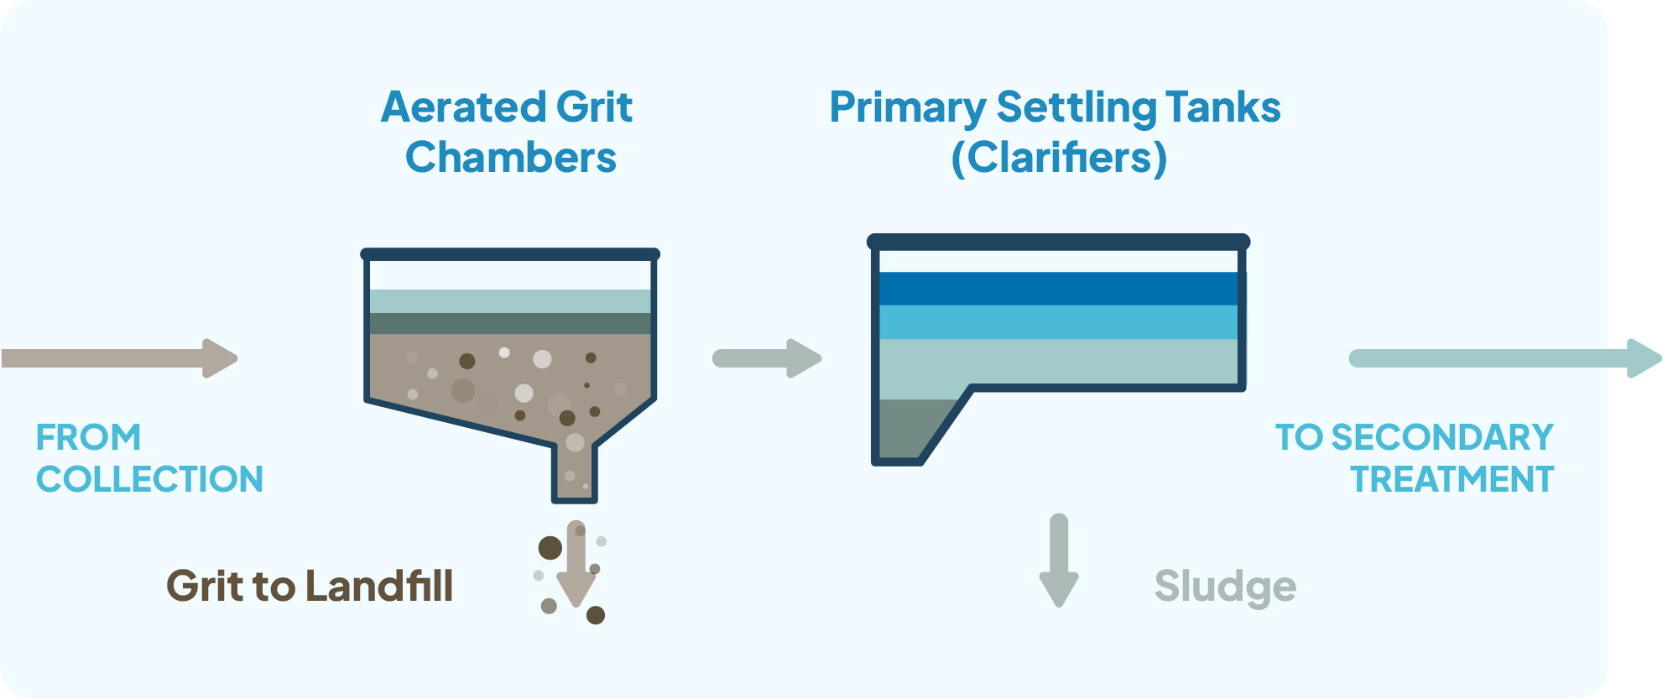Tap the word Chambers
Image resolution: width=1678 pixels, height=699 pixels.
[511, 158]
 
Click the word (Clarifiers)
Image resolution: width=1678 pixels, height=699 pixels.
[1059, 158]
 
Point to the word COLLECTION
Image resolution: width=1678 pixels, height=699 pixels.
[150, 479]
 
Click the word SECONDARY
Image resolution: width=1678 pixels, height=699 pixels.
[1442, 437]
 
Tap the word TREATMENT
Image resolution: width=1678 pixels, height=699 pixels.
[1452, 479]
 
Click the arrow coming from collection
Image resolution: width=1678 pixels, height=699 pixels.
[119, 358]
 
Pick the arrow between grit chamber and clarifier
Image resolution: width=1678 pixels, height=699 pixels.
[767, 358]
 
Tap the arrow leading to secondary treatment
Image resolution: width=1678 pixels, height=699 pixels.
[1506, 358]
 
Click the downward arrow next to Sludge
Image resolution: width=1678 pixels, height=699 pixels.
[1059, 560]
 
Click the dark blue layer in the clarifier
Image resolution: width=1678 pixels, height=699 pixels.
[1058, 289]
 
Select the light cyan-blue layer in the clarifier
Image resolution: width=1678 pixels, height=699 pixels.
[1058, 322]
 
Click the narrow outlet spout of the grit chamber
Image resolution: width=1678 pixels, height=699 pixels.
[575, 472]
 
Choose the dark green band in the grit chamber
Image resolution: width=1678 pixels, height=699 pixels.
[510, 324]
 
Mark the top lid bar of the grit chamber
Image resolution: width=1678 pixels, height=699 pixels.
[510, 254]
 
